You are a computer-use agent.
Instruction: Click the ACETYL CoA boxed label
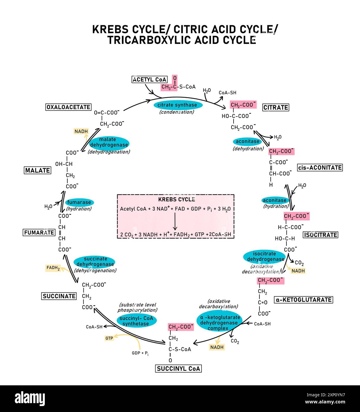pos(150,79)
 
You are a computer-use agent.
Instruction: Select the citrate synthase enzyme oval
pos(177,105)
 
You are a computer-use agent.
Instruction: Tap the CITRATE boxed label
pos(276,107)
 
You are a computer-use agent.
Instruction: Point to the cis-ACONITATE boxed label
pos(320,167)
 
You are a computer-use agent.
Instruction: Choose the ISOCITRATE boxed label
pos(320,235)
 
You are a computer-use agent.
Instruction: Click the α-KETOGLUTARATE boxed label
pos(303,300)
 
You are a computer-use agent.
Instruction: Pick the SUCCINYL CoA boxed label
pos(178,368)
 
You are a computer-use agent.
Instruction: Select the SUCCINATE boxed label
pos(59,296)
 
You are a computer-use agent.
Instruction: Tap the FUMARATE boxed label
pos(39,232)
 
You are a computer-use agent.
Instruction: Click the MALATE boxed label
pos(37,170)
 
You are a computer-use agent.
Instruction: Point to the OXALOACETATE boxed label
pos(69,107)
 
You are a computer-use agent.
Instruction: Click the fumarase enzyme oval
pos(79,202)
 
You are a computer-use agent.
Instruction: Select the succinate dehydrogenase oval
pos(94,261)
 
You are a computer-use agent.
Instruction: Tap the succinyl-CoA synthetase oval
pos(136,321)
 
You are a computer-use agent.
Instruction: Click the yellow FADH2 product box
pos(53,268)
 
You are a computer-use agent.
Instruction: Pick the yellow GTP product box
pos(109,338)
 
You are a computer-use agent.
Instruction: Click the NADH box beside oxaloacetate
pos(81,131)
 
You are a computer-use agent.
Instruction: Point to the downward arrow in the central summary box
pos(175,221)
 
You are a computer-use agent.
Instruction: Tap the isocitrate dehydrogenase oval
pos(264,256)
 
